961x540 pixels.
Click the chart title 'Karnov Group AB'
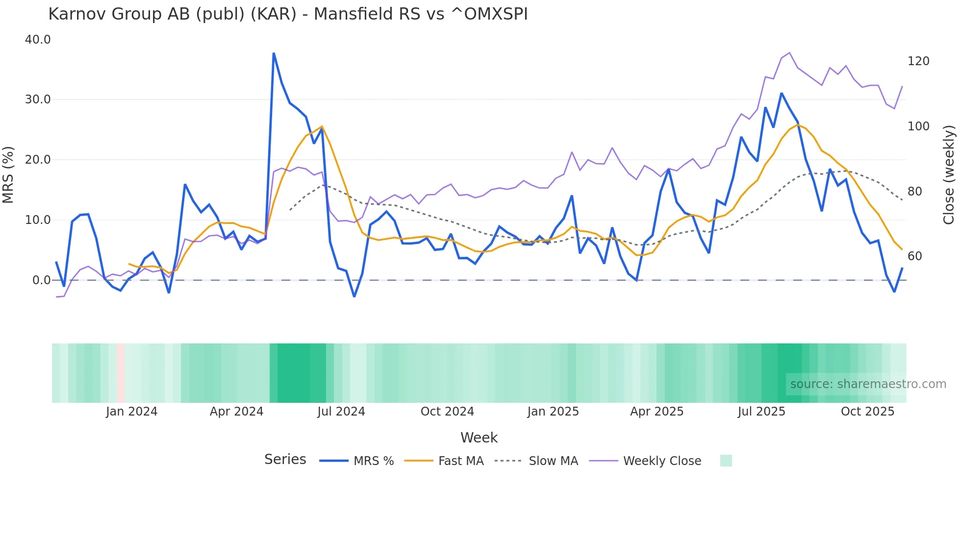pos(288,14)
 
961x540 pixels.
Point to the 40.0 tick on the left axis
pos(38,40)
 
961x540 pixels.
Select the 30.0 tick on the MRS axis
pos(38,99)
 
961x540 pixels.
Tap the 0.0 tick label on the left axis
pos(41,280)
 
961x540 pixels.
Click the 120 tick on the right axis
pos(918,61)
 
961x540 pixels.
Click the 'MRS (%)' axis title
pos(8,174)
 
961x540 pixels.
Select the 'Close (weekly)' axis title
pos(949,174)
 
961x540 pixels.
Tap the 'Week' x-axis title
pos(479,438)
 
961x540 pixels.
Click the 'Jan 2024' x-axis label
pos(131,412)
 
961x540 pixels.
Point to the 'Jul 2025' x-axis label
pos(761,412)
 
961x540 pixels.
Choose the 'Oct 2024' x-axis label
pos(447,412)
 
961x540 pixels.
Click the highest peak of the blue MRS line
pos(274,53)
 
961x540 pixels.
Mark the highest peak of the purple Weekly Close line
pos(789,53)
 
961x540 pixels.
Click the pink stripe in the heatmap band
pos(121,373)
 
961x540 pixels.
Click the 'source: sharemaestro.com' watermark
pos(868,384)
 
